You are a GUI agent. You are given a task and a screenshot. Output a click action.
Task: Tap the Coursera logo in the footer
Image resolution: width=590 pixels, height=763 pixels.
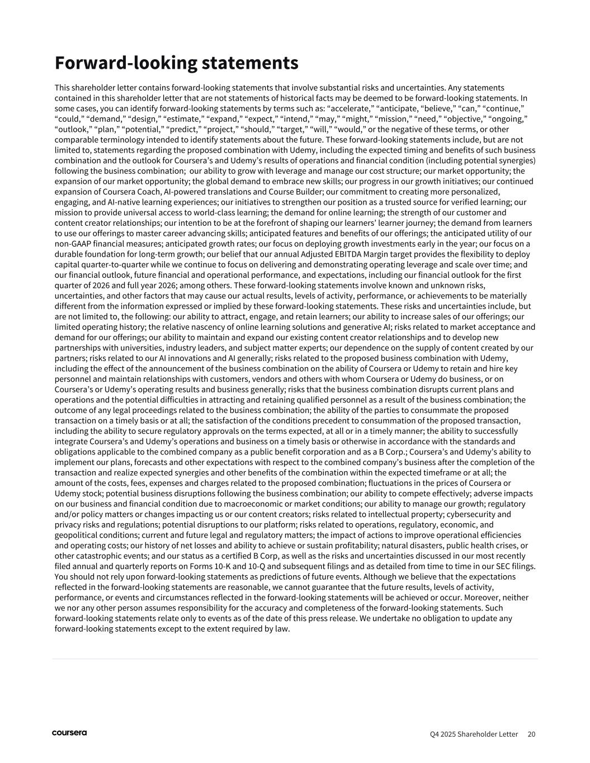(69, 733)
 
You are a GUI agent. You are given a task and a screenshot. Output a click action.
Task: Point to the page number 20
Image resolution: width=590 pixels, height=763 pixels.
(531, 734)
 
